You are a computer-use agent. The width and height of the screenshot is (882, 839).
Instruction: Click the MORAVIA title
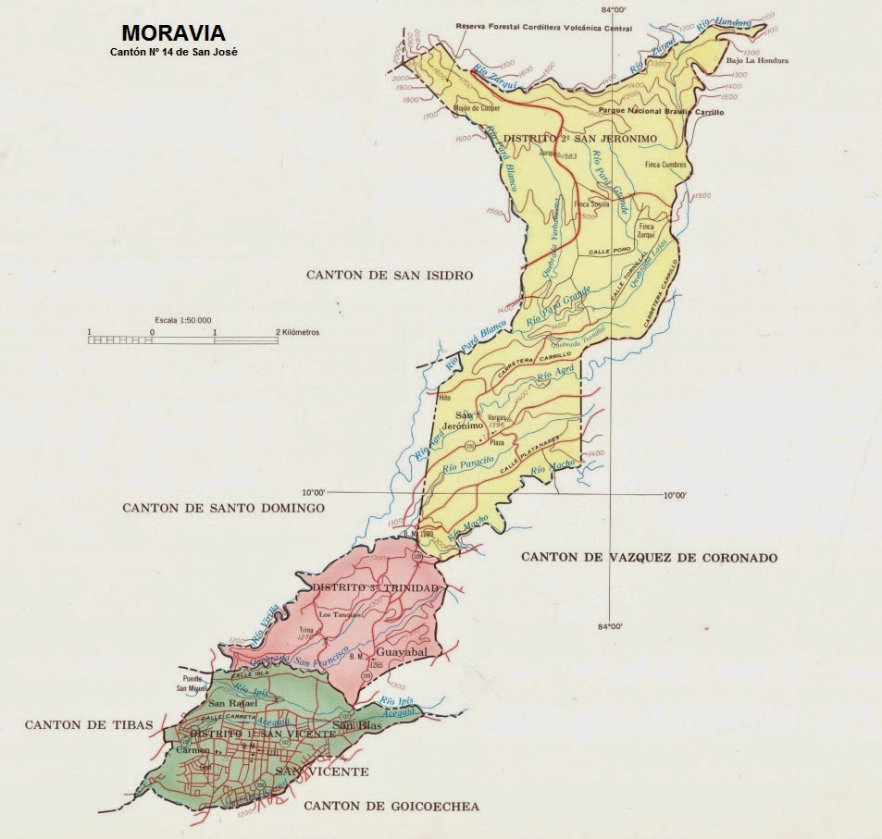click(172, 34)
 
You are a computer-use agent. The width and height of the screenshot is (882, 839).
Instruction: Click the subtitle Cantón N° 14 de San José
click(173, 52)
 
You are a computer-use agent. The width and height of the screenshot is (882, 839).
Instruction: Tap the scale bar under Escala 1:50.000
click(183, 340)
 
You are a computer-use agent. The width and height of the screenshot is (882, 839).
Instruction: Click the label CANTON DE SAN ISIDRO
click(390, 276)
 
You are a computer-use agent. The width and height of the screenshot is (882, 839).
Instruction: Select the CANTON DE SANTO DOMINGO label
click(223, 508)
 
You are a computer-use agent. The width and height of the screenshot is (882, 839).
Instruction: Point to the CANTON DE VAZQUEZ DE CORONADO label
click(649, 557)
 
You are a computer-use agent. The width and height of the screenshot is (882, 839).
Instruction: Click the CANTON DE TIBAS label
click(88, 724)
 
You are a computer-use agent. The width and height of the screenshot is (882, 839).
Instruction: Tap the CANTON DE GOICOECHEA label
click(391, 807)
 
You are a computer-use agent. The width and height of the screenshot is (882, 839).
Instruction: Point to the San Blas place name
click(357, 724)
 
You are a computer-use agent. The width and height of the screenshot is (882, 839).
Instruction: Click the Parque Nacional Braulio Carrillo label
click(661, 111)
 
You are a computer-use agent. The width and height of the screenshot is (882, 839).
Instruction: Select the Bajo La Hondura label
click(757, 61)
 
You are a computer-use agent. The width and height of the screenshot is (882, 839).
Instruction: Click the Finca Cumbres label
click(665, 164)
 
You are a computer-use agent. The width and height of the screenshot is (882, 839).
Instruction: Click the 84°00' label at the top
click(615, 10)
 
